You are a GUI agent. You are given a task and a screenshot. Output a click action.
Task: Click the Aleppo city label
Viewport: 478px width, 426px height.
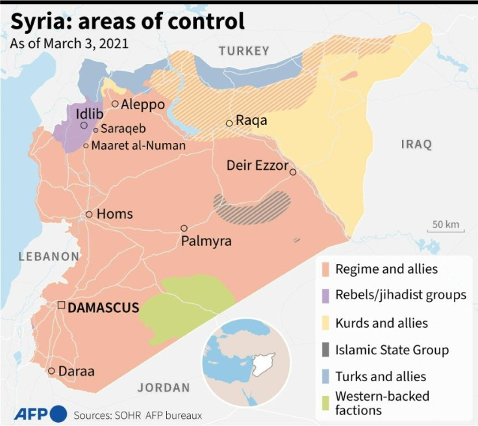143,104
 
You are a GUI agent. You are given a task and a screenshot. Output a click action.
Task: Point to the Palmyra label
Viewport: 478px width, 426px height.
206,241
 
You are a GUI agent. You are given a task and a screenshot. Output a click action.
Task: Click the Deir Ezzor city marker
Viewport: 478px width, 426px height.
293,172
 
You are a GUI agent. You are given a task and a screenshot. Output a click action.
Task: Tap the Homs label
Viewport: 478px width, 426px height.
114,214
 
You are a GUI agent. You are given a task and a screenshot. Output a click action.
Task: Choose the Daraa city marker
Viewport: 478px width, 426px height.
51,371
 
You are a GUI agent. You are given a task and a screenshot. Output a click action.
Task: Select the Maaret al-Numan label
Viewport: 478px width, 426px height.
138,145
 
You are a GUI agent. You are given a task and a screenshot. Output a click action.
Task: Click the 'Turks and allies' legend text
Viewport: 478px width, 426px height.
381,377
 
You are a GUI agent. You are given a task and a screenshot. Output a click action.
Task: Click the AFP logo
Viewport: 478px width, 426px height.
40,413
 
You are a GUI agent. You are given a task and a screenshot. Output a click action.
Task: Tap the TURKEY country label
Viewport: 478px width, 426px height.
244,51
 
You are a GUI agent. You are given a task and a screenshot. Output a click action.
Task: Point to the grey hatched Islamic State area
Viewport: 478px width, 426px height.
253,207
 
